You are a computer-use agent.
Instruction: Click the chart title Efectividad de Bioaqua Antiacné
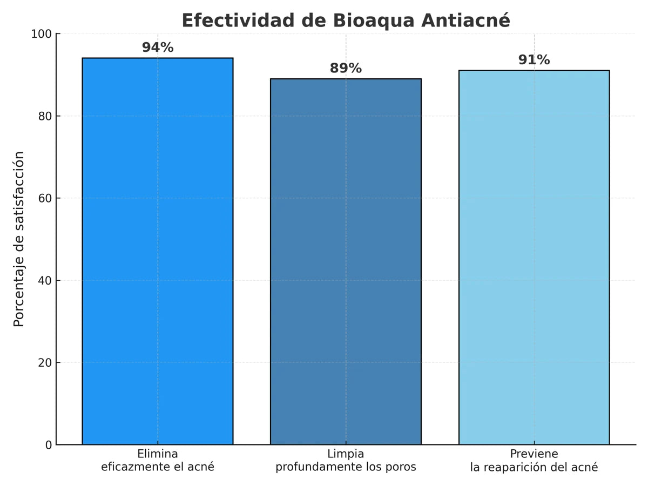pyautogui.click(x=346, y=21)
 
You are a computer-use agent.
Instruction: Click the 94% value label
pyautogui.click(x=158, y=48)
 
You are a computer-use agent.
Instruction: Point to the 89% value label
pyautogui.click(x=346, y=69)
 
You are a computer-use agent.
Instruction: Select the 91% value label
pyautogui.click(x=534, y=60)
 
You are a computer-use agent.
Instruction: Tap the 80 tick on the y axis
pyautogui.click(x=45, y=116)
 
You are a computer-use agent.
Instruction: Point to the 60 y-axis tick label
pyautogui.click(x=45, y=198)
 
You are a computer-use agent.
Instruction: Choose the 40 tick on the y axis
pyautogui.click(x=45, y=280)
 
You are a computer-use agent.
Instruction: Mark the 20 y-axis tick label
pyautogui.click(x=45, y=362)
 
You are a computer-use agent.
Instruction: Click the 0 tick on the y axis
pyautogui.click(x=49, y=445)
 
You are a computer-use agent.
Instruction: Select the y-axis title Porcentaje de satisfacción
pyautogui.click(x=19, y=239)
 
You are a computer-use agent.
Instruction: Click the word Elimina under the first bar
pyautogui.click(x=158, y=454)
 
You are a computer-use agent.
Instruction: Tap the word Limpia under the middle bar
pyautogui.click(x=346, y=454)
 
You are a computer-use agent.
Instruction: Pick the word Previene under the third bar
pyautogui.click(x=534, y=454)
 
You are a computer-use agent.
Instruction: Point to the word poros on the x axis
pyautogui.click(x=401, y=467)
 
